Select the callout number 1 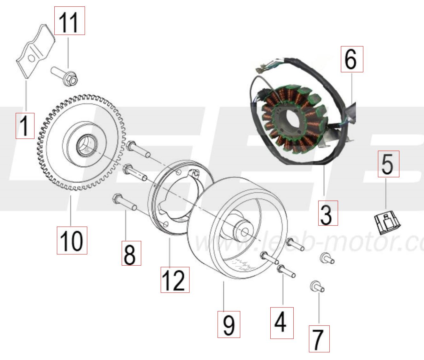[x=25, y=125]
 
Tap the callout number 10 [x=72, y=240]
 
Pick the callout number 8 [x=131, y=253]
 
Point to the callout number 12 [x=175, y=280]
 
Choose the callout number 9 [x=229, y=324]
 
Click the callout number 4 [x=281, y=323]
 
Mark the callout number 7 [x=319, y=339]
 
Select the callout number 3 [x=328, y=213]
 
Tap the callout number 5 [x=388, y=164]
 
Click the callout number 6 [x=351, y=59]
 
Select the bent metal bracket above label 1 [x=35, y=51]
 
